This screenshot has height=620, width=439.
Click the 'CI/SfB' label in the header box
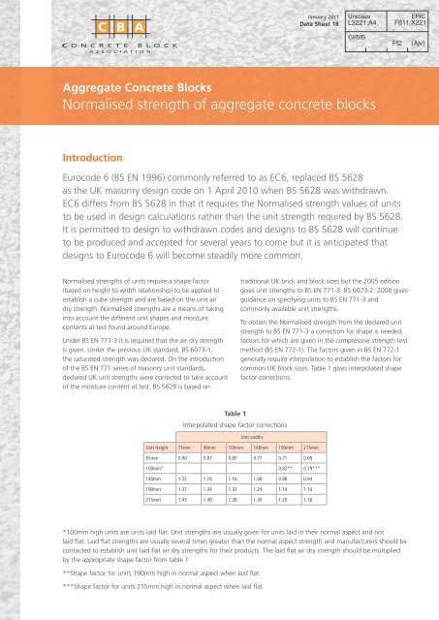[357, 40]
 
